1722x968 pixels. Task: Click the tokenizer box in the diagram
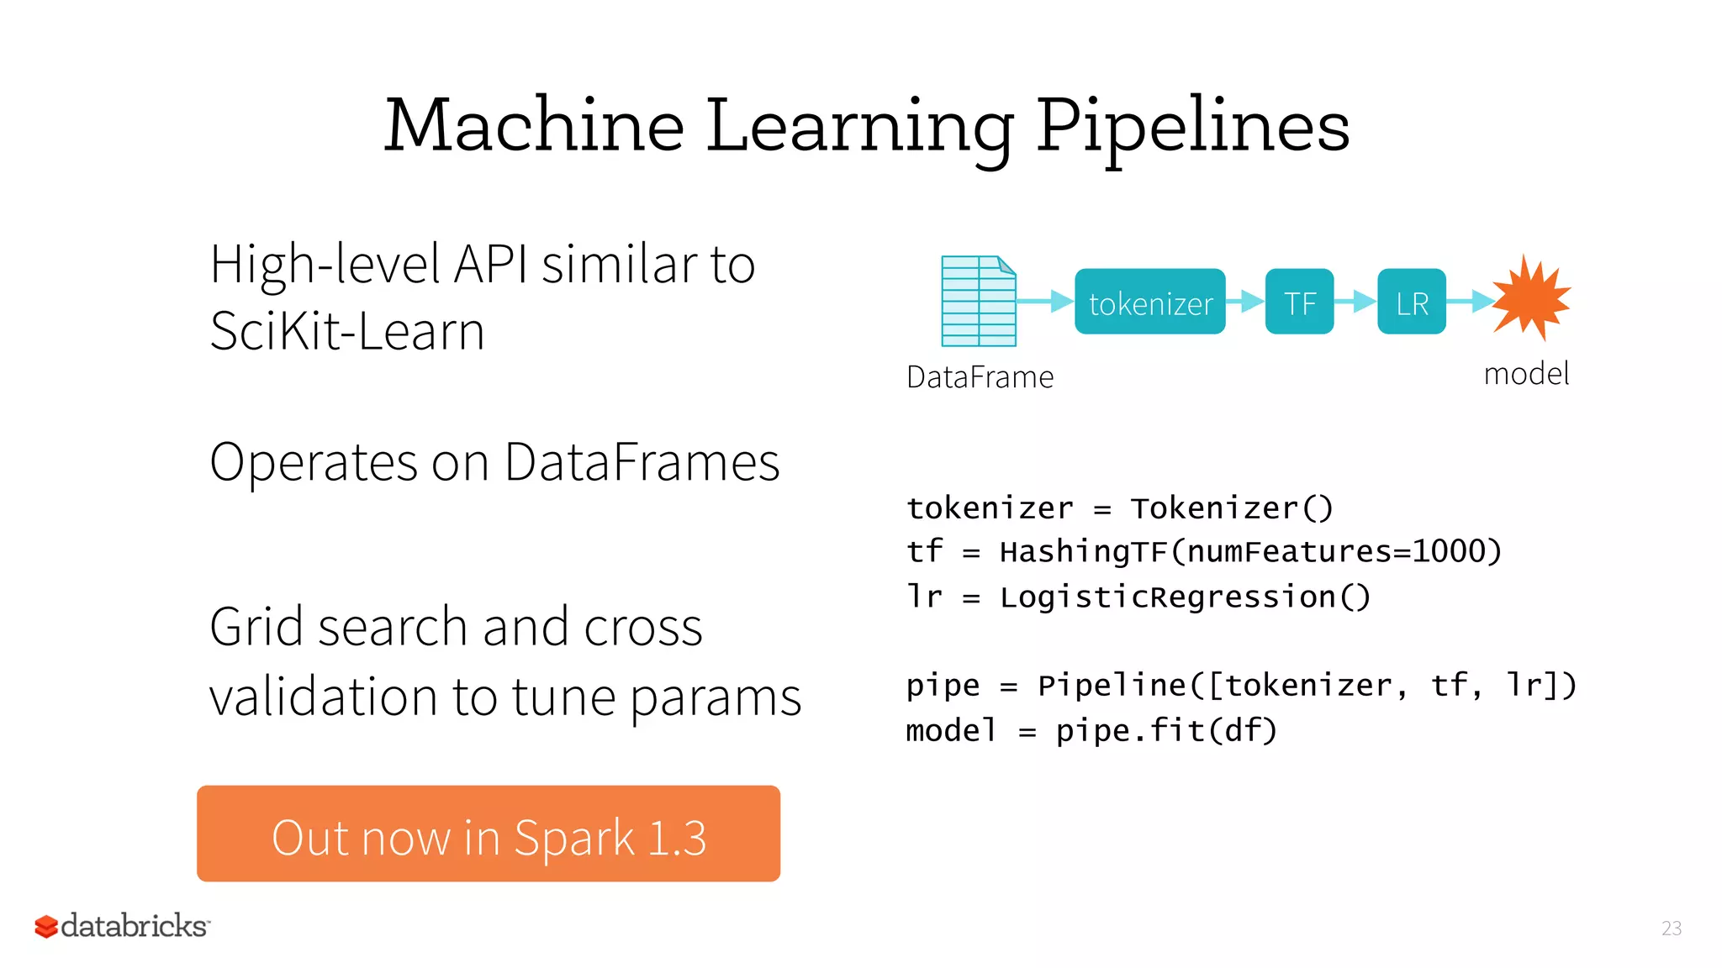[1149, 302]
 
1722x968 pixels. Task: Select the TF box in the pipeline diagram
[1299, 302]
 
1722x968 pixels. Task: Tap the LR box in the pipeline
[1411, 302]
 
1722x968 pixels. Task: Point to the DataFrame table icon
[978, 302]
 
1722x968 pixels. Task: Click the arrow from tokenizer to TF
[1245, 301]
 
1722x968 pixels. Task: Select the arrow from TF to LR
[1355, 301]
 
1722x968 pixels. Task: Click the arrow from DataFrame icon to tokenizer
[1045, 301]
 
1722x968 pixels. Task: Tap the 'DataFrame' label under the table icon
[980, 377]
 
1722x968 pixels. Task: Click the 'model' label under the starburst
[1526, 374]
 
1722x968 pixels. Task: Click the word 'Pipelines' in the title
[1192, 126]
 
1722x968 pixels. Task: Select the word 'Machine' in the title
[534, 126]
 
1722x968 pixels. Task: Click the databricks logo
[123, 926]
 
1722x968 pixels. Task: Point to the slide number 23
[1672, 928]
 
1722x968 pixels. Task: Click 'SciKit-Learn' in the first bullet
[347, 331]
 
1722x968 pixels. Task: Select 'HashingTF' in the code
[1083, 552]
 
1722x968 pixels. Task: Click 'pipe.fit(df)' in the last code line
[1166, 730]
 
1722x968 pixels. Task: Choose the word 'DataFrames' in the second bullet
[642, 462]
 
